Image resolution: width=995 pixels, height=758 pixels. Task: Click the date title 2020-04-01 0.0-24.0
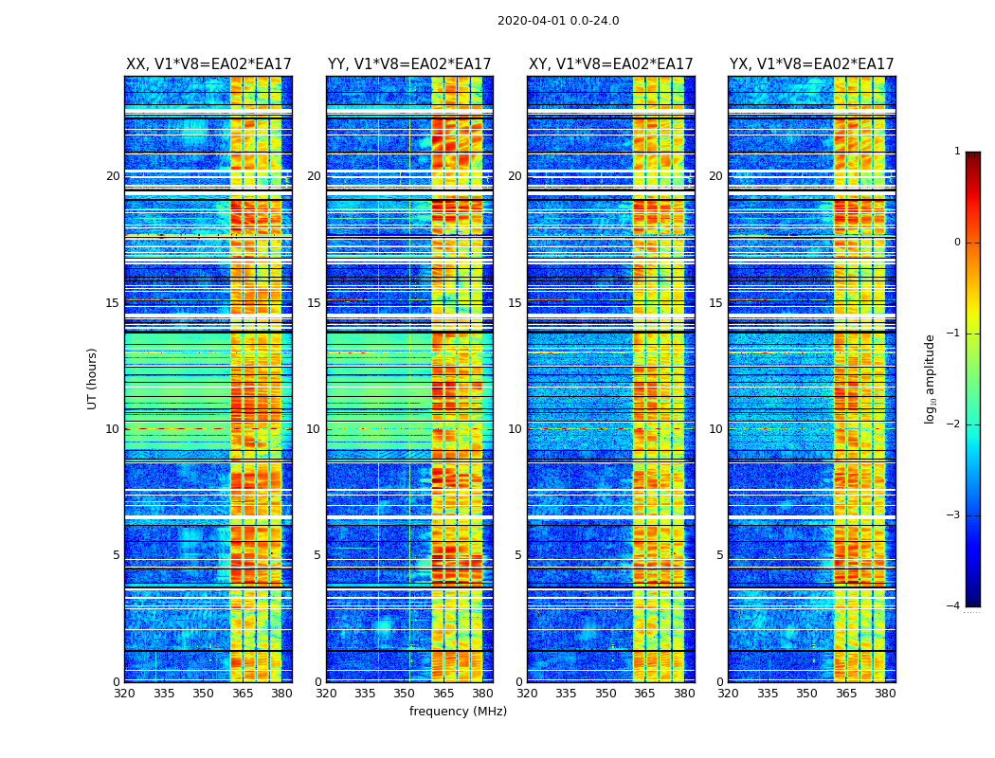[x=558, y=21]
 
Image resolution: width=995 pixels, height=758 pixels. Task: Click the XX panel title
[x=208, y=64]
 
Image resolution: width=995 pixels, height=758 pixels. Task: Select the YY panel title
[x=409, y=64]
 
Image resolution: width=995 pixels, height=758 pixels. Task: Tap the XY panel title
[x=610, y=64]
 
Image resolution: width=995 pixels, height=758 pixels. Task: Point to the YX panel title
[x=811, y=64]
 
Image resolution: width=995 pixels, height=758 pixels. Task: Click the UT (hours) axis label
[x=93, y=378]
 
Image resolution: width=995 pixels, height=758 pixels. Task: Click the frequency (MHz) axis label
[x=458, y=712]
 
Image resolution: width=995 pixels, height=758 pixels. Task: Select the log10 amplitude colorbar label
[x=931, y=378]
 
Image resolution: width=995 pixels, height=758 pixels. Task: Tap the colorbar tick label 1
[x=957, y=152]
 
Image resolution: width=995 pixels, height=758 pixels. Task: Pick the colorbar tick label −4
[x=955, y=606]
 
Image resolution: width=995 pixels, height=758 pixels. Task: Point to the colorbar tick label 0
[x=957, y=243]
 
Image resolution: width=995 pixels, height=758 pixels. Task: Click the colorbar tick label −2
[x=955, y=424]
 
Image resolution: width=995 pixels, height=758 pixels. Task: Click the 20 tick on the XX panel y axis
[x=113, y=176]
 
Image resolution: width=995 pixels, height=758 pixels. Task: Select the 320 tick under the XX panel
[x=124, y=694]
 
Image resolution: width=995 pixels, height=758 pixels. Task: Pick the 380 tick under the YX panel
[x=885, y=694]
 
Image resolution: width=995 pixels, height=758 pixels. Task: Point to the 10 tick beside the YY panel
[x=314, y=429]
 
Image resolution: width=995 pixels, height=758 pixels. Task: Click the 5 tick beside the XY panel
[x=518, y=555]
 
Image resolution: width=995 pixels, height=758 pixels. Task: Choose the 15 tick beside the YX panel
[x=715, y=303]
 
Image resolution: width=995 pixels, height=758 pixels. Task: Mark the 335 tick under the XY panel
[x=567, y=694]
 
